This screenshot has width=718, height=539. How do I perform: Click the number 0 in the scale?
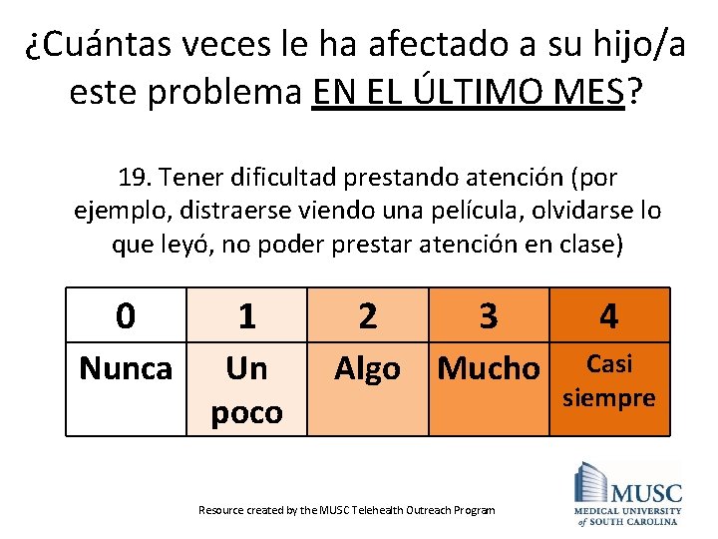pos(126,315)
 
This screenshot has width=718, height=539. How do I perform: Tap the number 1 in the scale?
pos(246,317)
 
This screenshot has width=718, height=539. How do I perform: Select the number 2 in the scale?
pos(367,315)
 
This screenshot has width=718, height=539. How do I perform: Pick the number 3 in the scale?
pos(488,315)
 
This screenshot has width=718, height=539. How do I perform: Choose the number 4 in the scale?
pos(608,317)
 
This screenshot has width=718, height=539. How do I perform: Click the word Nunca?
pos(126,368)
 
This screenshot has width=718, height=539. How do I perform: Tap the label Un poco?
pos(246,390)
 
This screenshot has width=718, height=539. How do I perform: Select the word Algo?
pos(367,368)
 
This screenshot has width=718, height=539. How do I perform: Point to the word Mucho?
pos(488,368)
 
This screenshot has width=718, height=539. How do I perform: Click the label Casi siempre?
pos(609,380)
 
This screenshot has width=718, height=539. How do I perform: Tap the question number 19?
pos(134,179)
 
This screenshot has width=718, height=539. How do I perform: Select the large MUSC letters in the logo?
pos(646,493)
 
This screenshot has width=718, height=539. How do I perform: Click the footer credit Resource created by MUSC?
pos(346,510)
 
